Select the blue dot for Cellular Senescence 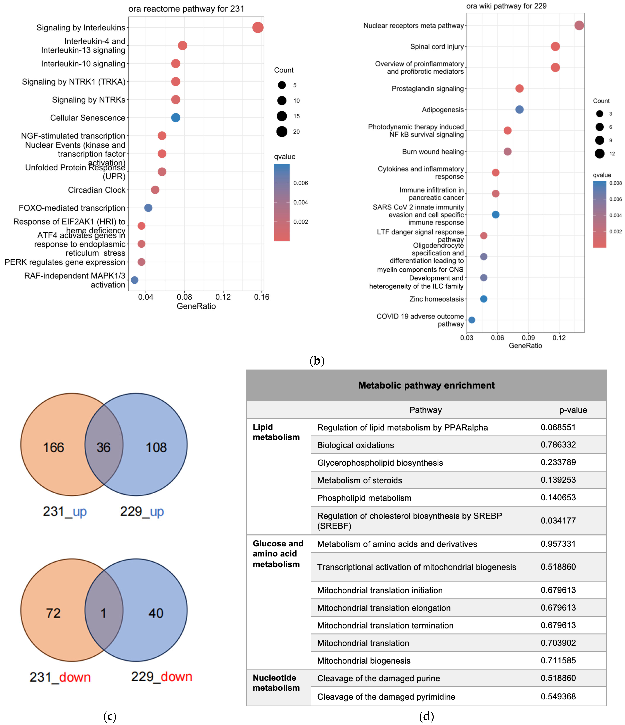(176, 118)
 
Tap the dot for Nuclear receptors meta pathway (579, 25)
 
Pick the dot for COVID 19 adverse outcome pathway (472, 320)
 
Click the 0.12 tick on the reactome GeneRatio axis (223, 297)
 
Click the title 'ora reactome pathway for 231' (186, 9)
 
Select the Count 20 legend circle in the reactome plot (282, 132)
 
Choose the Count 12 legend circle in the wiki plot (599, 154)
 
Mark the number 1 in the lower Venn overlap (104, 613)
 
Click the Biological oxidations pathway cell (356, 445)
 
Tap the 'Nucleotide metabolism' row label (276, 683)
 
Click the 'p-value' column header (573, 410)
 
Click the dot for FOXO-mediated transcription (148, 208)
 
